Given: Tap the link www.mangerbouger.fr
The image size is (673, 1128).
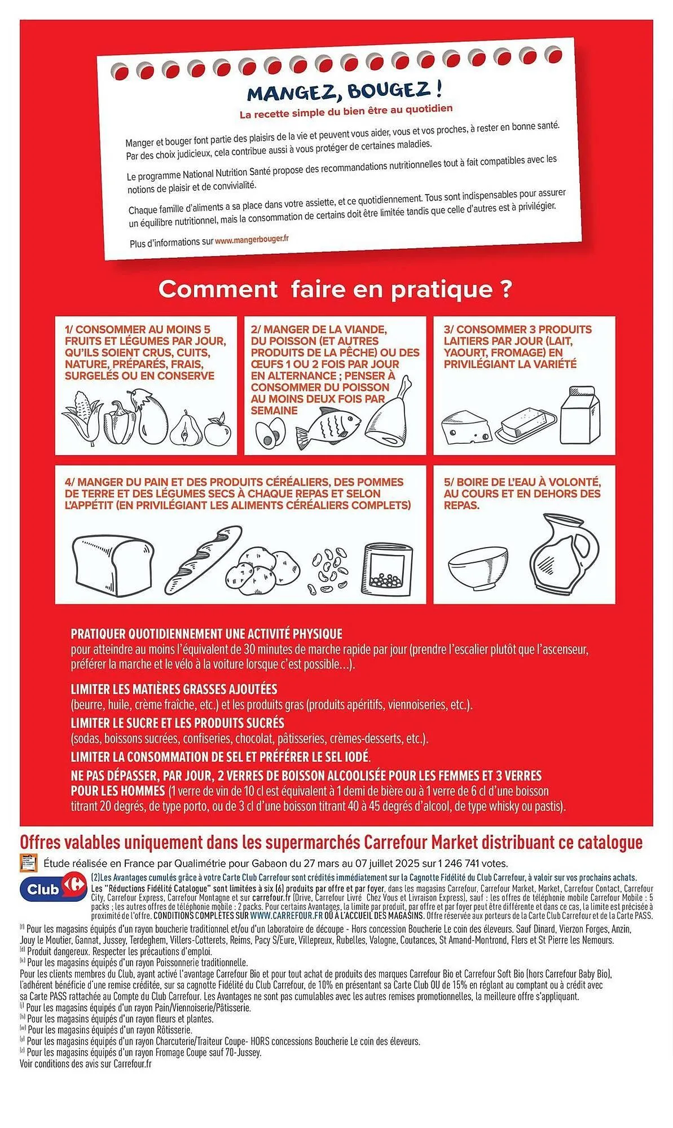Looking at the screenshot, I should tap(252, 240).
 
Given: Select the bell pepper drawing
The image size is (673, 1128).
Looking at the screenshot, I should tap(120, 422).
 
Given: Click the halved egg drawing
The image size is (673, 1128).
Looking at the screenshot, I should tap(265, 433).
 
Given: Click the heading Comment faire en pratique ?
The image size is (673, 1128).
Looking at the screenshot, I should tap(335, 289).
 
